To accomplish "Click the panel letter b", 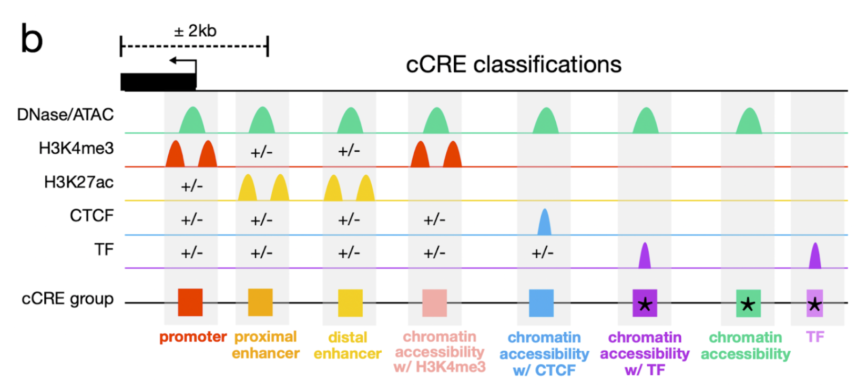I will point(31,39).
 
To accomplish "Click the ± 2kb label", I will point(195,31).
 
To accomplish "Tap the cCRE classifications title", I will point(513,65).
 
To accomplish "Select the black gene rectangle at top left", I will point(158,81).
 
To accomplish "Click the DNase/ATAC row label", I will point(65,114).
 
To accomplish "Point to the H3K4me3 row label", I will point(76,149).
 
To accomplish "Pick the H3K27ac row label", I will point(78,182).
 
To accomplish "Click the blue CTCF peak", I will point(544,223).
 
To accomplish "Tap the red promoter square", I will point(190,302).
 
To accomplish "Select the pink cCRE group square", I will point(435,303).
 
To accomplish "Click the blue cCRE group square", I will point(541,303).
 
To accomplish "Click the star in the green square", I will point(748,304).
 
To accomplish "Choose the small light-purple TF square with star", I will point(814,303).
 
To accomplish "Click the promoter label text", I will point(193,337).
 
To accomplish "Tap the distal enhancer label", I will point(348,345).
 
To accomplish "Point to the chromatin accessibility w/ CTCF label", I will point(544,354).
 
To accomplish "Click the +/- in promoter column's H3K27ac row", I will point(191,186).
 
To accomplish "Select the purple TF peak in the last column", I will point(814,257).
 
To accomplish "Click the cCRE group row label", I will point(67,299).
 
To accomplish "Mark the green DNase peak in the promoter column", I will point(192,121).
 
